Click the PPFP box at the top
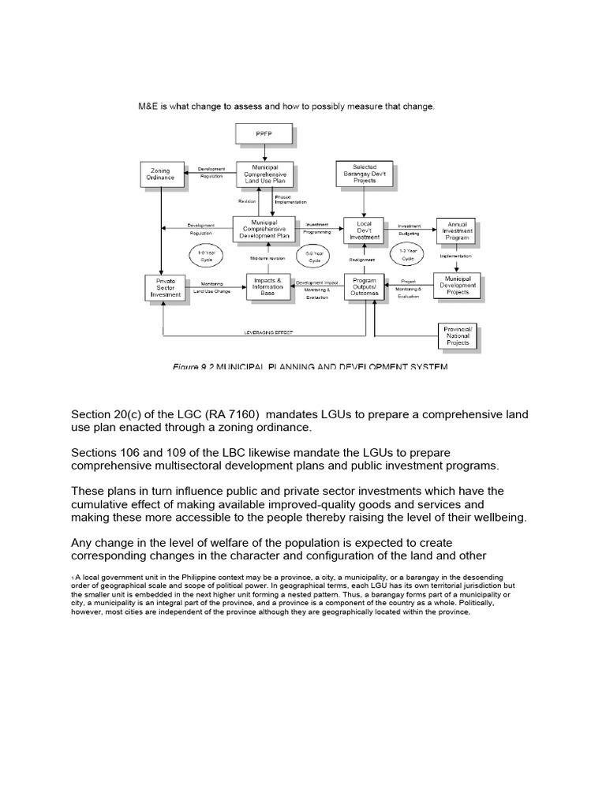[265, 134]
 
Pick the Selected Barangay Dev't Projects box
[364, 174]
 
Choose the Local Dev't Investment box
[364, 230]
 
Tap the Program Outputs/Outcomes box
[364, 286]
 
